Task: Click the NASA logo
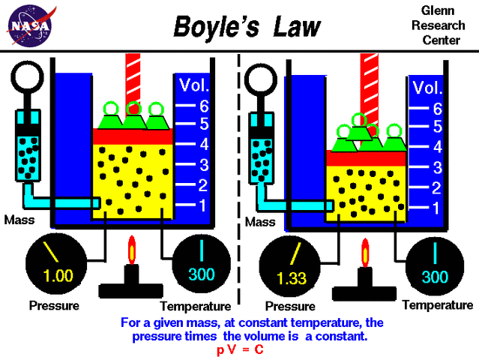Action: (x=31, y=25)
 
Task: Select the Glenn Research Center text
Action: (x=437, y=23)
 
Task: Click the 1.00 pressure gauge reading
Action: (x=58, y=275)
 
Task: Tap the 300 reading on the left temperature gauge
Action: (x=201, y=274)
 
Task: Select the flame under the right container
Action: (x=367, y=253)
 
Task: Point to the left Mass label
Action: (x=18, y=220)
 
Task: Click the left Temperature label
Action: (x=195, y=306)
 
